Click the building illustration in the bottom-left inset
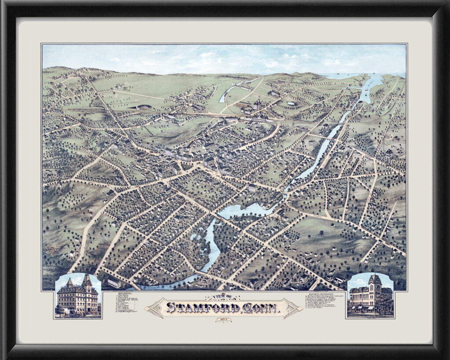point(78,297)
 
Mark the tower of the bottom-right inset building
point(375,281)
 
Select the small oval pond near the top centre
point(291,103)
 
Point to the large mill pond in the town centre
point(242,210)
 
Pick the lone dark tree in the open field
point(321,233)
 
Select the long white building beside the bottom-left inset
point(114,282)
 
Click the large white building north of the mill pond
point(252,188)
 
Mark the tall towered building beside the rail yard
point(257,105)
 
